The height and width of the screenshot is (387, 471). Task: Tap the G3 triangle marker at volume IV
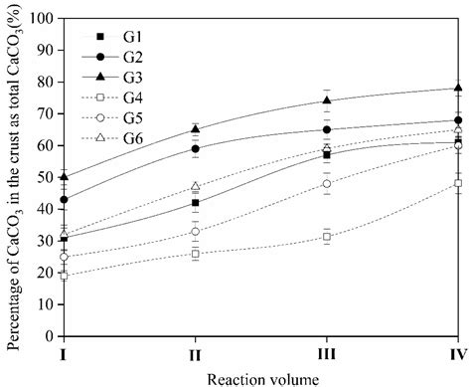point(458,89)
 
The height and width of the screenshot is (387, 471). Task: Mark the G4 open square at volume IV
point(458,183)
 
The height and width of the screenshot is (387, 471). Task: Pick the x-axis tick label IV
point(457,352)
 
